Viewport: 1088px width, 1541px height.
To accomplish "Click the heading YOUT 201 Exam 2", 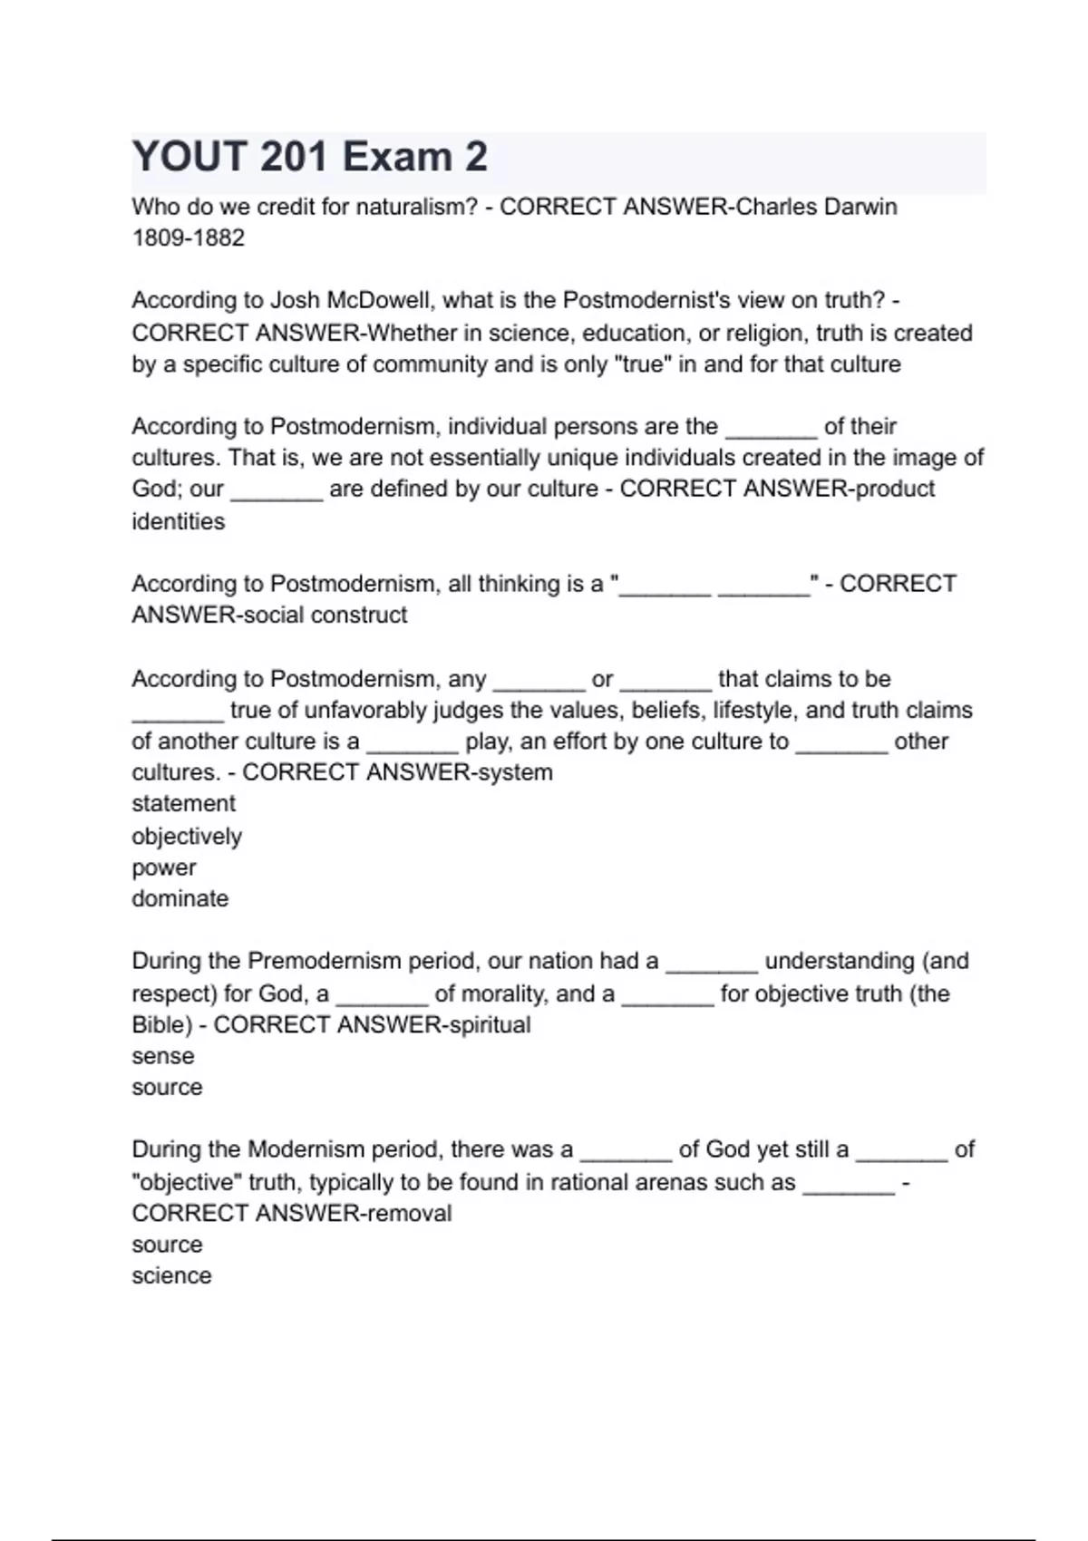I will [310, 157].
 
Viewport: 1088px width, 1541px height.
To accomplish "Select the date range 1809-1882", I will [188, 238].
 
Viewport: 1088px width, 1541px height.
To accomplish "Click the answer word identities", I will [178, 521].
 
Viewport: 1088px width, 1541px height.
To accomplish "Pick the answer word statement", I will [183, 804].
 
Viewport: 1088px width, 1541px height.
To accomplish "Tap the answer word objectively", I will [187, 836].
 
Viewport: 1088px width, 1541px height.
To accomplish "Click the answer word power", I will [163, 867].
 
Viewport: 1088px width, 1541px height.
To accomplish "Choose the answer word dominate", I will [180, 898].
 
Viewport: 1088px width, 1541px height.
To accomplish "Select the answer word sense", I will [162, 1056].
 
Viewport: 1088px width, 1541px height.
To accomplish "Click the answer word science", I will [171, 1275].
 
